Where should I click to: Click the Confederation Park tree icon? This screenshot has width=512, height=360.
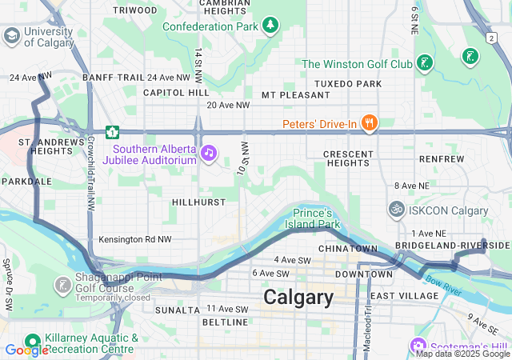click(x=271, y=26)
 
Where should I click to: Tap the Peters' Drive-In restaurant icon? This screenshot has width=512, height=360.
click(x=368, y=123)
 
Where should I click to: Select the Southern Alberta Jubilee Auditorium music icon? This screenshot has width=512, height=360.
click(x=209, y=152)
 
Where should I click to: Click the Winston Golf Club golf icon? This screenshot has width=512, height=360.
click(x=425, y=62)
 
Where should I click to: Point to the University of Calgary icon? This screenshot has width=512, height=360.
click(x=11, y=36)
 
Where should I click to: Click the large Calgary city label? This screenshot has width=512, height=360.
click(x=298, y=298)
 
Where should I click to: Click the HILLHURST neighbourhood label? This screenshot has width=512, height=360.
click(x=198, y=202)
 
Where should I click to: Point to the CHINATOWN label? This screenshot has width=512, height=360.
click(x=353, y=249)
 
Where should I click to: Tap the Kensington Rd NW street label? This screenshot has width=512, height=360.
click(x=135, y=239)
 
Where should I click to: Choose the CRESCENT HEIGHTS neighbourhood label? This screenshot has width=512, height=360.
click(x=348, y=158)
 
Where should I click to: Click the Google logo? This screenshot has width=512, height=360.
click(x=26, y=350)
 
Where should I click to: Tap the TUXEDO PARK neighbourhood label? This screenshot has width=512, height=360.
click(x=348, y=83)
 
